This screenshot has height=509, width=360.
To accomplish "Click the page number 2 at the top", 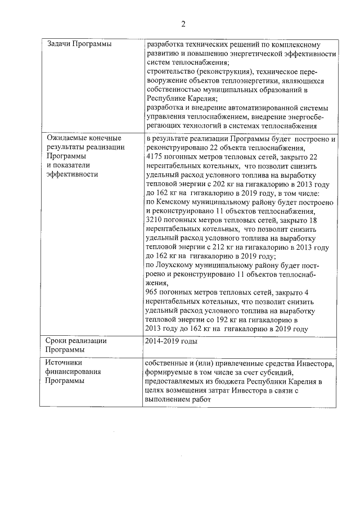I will click(x=183, y=24).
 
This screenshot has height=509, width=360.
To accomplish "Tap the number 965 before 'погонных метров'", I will click(x=151, y=292).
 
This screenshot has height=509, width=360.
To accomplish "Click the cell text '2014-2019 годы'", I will click(x=171, y=340).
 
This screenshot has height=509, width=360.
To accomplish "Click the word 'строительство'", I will click(x=171, y=71).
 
